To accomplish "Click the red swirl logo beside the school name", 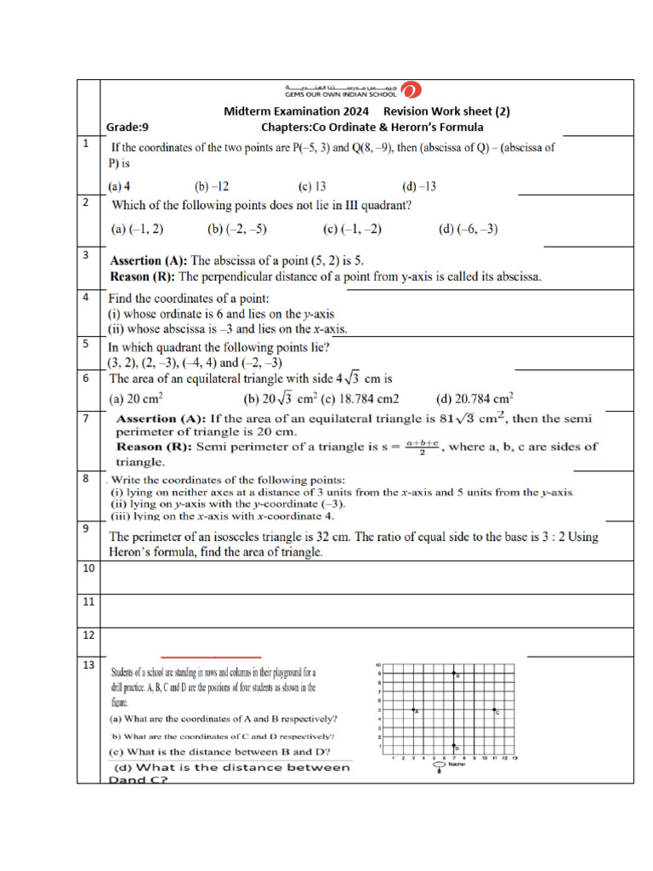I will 410,90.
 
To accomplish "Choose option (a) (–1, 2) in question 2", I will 138,229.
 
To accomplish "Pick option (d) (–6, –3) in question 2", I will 468,229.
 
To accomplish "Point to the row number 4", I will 87,298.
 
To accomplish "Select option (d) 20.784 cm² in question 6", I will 474,398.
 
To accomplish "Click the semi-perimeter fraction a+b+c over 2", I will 422,447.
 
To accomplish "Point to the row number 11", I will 88,601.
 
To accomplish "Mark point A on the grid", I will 414,709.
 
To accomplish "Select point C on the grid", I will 495,709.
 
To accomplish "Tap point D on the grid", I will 454,746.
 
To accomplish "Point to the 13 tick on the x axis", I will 515,758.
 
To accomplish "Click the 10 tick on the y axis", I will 378,665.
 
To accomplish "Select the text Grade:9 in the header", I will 128,128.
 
